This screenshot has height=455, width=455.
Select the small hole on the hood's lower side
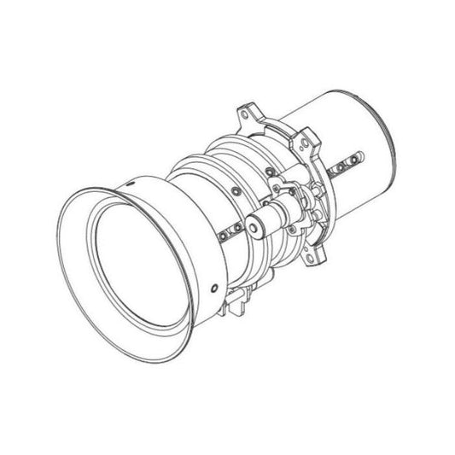213,284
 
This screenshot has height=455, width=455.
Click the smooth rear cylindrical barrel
359,120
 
